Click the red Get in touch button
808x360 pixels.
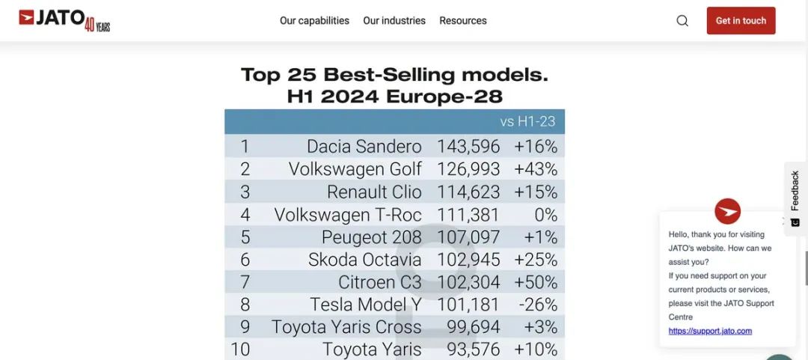point(741,21)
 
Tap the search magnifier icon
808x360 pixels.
point(682,21)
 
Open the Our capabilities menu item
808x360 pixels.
point(314,21)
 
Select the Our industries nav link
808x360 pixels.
point(394,21)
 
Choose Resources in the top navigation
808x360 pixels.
point(463,21)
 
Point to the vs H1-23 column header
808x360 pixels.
point(528,122)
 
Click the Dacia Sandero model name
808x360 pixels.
point(364,147)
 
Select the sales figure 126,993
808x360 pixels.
point(468,169)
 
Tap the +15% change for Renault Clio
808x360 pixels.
point(536,192)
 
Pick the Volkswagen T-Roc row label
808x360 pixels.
point(348,215)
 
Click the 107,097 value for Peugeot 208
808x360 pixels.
point(468,237)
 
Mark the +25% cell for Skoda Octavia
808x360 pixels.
point(536,260)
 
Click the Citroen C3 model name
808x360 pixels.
point(380,282)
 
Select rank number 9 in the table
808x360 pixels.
point(245,327)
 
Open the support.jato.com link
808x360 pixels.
point(710,331)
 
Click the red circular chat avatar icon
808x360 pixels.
point(727,211)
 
